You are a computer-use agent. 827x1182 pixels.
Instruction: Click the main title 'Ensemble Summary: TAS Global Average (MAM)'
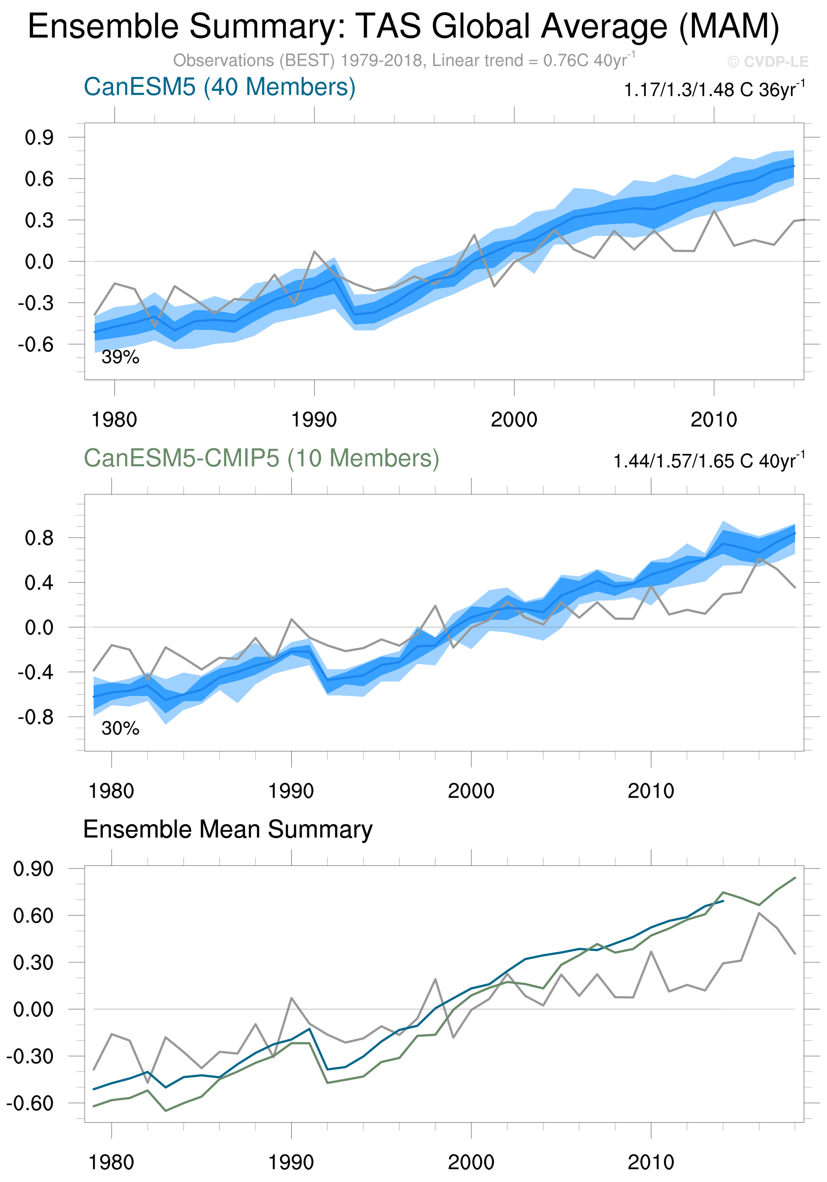[x=403, y=27]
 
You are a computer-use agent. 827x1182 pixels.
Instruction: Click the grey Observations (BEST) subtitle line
[x=404, y=61]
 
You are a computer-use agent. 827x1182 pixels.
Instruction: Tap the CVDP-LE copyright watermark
[x=767, y=62]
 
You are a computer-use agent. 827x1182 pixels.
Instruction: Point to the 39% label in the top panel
[x=121, y=357]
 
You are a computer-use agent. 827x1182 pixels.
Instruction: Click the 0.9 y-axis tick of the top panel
[x=39, y=138]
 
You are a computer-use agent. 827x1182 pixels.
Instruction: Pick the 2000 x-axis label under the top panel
[x=514, y=419]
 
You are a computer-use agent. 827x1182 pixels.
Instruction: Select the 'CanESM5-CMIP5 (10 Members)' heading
[x=261, y=458]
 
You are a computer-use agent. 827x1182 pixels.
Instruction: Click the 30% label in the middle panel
[x=121, y=728]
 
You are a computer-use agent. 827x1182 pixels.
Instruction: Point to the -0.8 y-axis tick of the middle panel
[x=36, y=717]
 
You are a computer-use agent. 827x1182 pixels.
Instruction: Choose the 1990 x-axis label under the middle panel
[x=291, y=791]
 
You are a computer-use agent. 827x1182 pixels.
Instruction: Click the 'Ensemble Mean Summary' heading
[x=228, y=829]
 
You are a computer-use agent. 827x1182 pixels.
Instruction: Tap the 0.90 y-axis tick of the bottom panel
[x=33, y=869]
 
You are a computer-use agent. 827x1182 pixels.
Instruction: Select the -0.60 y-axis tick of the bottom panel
[x=30, y=1103]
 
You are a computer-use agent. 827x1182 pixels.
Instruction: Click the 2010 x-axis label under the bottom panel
[x=650, y=1162]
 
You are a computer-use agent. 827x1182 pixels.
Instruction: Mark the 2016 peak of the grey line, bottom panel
[x=759, y=913]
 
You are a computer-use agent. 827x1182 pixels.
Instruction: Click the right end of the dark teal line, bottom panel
[x=723, y=901]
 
